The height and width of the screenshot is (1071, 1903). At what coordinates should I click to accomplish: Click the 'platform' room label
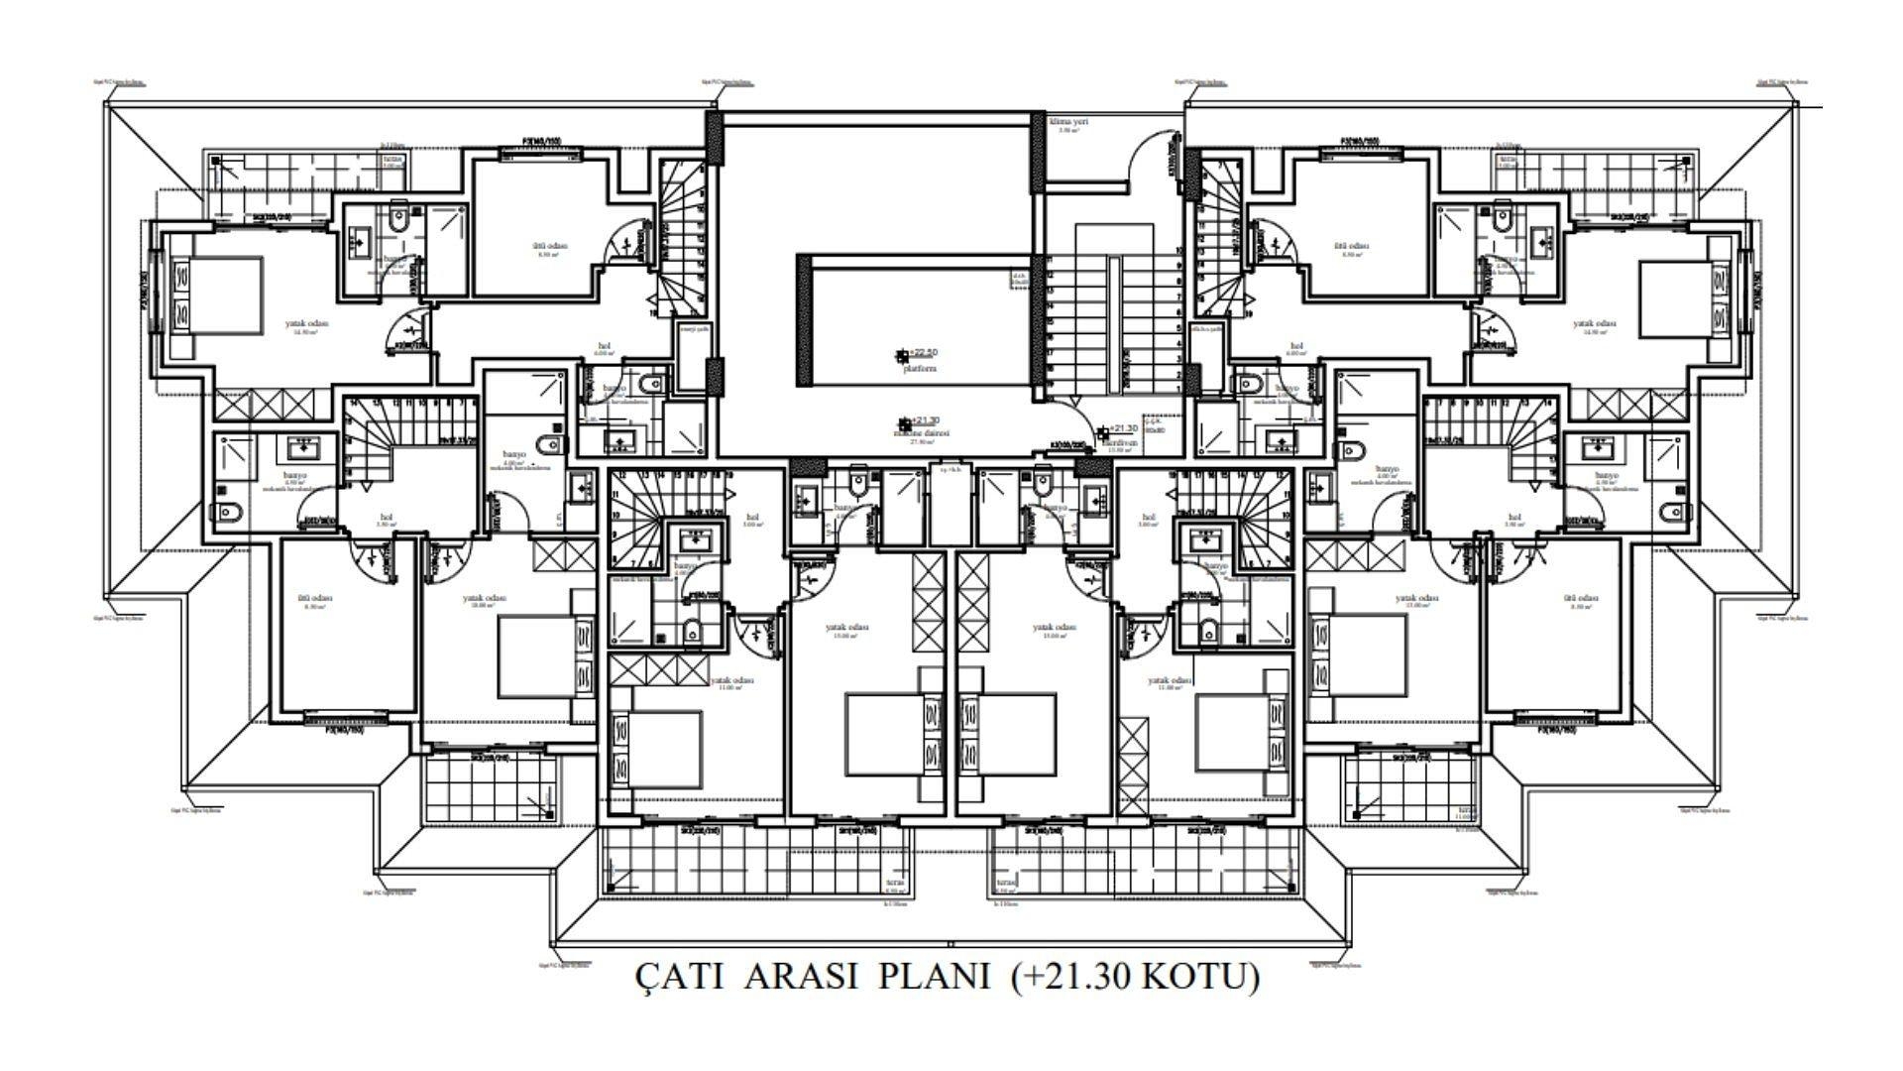(x=921, y=368)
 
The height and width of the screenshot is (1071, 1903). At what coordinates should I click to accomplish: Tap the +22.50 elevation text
(x=923, y=353)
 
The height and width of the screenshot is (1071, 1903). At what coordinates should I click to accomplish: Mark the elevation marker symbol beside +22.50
(x=901, y=354)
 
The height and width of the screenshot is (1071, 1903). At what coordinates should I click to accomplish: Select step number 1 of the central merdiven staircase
(x=1178, y=390)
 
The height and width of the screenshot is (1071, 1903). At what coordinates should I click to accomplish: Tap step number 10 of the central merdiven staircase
(x=1178, y=251)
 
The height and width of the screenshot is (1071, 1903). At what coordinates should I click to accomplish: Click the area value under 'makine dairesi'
(x=922, y=443)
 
